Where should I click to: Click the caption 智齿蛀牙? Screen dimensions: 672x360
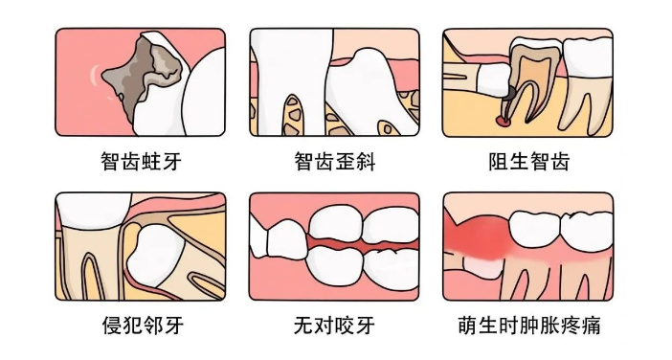coord(141,162)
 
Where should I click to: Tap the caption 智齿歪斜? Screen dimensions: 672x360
coord(335,162)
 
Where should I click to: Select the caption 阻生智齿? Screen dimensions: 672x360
coord(528,162)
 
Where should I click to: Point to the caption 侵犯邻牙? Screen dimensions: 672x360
coord(143,326)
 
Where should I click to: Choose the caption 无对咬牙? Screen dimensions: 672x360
coord(334,326)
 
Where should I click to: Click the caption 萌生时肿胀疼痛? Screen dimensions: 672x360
coord(528,326)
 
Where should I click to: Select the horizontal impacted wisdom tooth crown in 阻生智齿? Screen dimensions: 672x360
coord(493,80)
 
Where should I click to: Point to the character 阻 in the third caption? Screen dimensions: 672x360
coord(499,162)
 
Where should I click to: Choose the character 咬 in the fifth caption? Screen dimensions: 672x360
coord(345,326)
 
